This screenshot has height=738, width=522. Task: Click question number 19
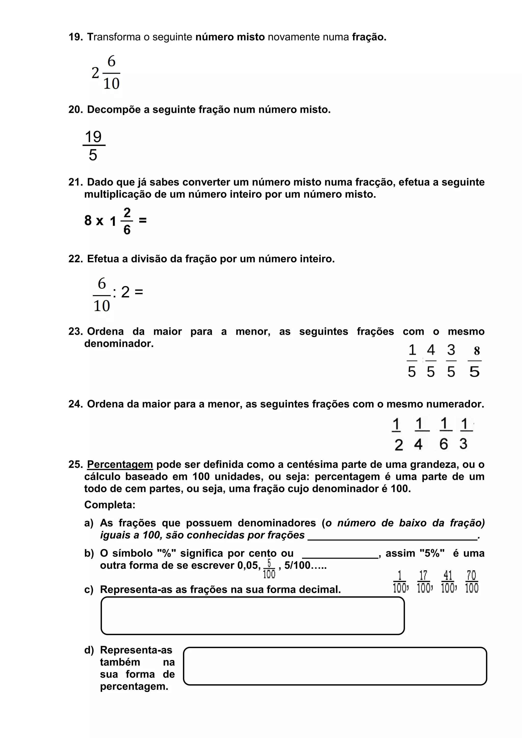(75, 37)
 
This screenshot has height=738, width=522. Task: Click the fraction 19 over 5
(94, 146)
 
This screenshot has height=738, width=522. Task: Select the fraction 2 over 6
(127, 221)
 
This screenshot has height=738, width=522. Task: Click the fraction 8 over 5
(475, 361)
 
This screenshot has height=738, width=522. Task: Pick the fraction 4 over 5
(431, 361)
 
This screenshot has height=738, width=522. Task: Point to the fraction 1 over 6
(444, 434)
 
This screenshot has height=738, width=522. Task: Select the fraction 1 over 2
(397, 434)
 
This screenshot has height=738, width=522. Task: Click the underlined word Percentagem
(120, 465)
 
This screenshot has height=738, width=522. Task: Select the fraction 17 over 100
(424, 582)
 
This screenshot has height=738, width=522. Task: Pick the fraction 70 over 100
(472, 582)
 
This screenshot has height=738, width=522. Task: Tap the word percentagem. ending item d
(134, 687)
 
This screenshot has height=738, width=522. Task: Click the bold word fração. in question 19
(369, 37)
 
